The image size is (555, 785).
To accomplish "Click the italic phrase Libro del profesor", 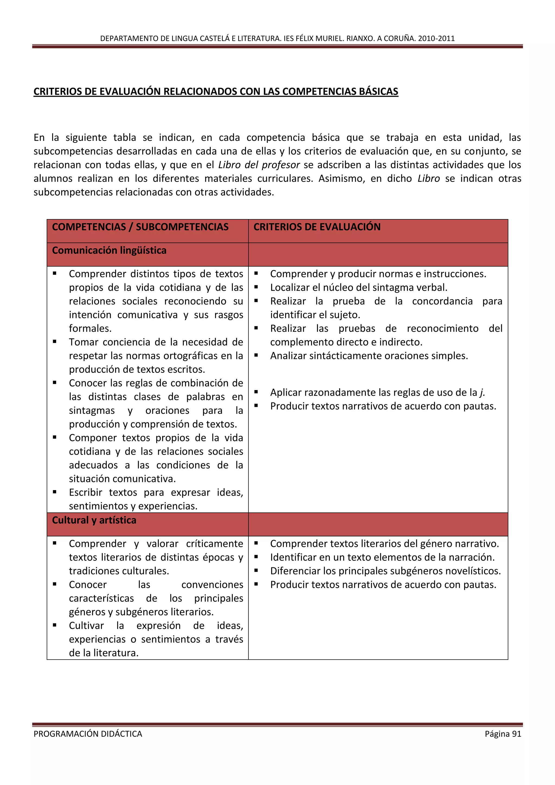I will (259, 165).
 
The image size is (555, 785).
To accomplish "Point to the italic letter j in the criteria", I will (482, 392).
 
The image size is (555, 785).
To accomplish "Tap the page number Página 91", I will (503, 734).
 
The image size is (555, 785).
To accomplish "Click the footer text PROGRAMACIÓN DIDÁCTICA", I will (88, 734).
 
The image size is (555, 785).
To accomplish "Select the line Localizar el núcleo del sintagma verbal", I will (359, 288).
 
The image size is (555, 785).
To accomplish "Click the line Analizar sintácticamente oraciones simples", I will (369, 356).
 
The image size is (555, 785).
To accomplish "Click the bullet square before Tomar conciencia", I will (55, 342).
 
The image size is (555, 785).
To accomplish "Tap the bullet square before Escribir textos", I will (55, 492).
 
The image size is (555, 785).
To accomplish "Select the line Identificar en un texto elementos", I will (382, 557).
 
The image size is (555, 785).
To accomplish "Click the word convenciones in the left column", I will (212, 585).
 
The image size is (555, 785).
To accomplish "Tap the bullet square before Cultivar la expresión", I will (55, 625).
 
